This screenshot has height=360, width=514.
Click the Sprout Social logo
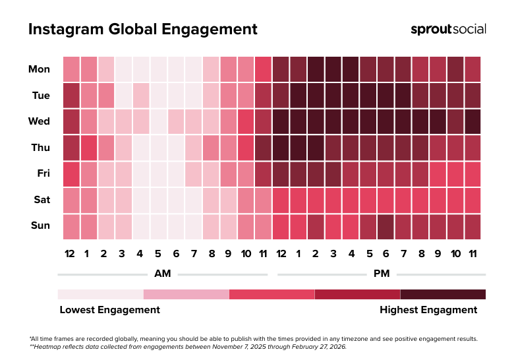pos(448,29)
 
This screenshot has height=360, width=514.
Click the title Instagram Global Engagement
pos(142,30)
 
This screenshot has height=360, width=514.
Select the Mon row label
pos(39,69)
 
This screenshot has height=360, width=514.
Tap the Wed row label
pos(39,121)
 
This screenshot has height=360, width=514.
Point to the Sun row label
pos(40,225)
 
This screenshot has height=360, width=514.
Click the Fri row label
pos(42,173)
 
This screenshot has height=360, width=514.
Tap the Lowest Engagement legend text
pos(109,309)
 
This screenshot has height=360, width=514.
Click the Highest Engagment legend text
pos(428,309)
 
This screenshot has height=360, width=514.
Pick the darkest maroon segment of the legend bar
pos(443,294)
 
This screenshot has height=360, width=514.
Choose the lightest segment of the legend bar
pos(100,294)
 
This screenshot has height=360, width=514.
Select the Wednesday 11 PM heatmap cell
pos(472,121)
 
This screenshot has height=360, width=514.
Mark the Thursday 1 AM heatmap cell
pos(88,148)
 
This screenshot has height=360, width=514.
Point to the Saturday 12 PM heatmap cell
pos(280,200)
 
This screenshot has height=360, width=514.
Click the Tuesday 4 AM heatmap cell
pos(141,95)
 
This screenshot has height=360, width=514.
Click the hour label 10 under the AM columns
pos(245,255)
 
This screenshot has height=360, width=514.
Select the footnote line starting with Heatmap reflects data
pos(188,346)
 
